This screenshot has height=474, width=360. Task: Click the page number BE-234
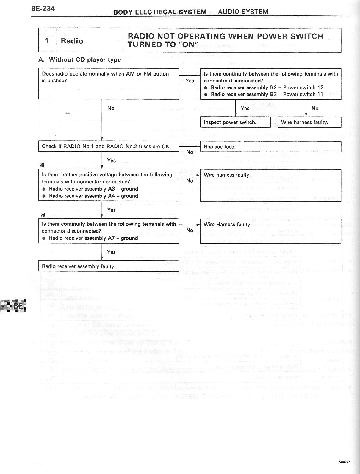(43, 8)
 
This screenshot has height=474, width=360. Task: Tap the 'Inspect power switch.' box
(235, 122)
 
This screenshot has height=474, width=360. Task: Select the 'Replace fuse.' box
(270, 147)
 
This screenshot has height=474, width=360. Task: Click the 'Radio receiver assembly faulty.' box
(109, 266)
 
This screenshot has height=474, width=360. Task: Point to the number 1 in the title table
(47, 40)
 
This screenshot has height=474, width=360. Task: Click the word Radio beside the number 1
(72, 41)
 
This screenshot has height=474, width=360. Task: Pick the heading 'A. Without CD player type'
(80, 59)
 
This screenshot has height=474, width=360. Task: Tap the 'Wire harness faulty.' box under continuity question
(309, 122)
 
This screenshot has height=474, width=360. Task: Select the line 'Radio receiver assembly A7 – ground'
(93, 238)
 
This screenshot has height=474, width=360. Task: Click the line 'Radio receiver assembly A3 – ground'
(93, 189)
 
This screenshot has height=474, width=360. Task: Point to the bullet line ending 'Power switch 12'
(267, 87)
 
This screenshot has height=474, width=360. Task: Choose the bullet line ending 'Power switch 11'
(267, 94)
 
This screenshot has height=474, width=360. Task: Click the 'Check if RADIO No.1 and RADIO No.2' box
(109, 146)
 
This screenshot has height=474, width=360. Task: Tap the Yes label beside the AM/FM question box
(190, 81)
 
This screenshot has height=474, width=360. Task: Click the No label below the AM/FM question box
(111, 108)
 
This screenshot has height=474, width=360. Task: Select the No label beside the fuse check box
(190, 152)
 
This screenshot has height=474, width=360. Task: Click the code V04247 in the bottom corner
(344, 462)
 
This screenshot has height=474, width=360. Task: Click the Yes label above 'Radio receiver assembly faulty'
(111, 252)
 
